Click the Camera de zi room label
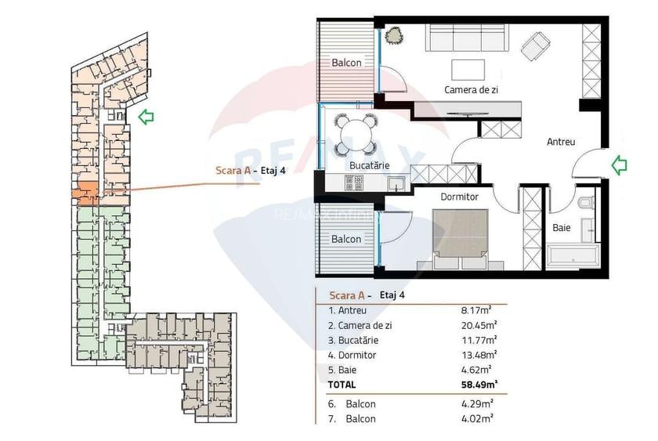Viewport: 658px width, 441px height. (x=471, y=90)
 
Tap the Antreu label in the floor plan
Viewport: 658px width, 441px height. (x=561, y=142)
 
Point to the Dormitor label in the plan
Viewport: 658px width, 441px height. (x=459, y=197)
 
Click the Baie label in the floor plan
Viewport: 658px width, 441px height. (x=561, y=228)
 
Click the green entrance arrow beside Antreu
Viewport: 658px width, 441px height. (x=620, y=164)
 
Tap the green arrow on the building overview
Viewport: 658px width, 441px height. (x=146, y=117)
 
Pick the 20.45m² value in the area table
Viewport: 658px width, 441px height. (x=476, y=325)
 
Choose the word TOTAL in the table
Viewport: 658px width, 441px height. (x=342, y=385)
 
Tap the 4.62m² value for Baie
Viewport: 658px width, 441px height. (x=475, y=370)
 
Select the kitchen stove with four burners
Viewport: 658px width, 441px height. (x=354, y=183)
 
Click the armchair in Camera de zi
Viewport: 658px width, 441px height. (x=537, y=45)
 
